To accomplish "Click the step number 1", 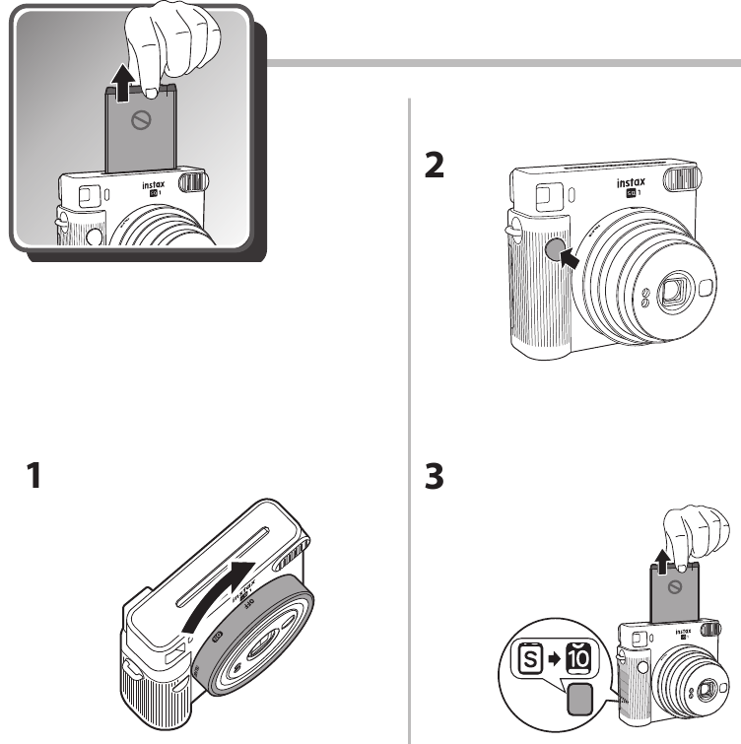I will point(33,478).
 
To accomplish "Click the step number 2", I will point(433,166).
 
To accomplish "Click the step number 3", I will point(433,478).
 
